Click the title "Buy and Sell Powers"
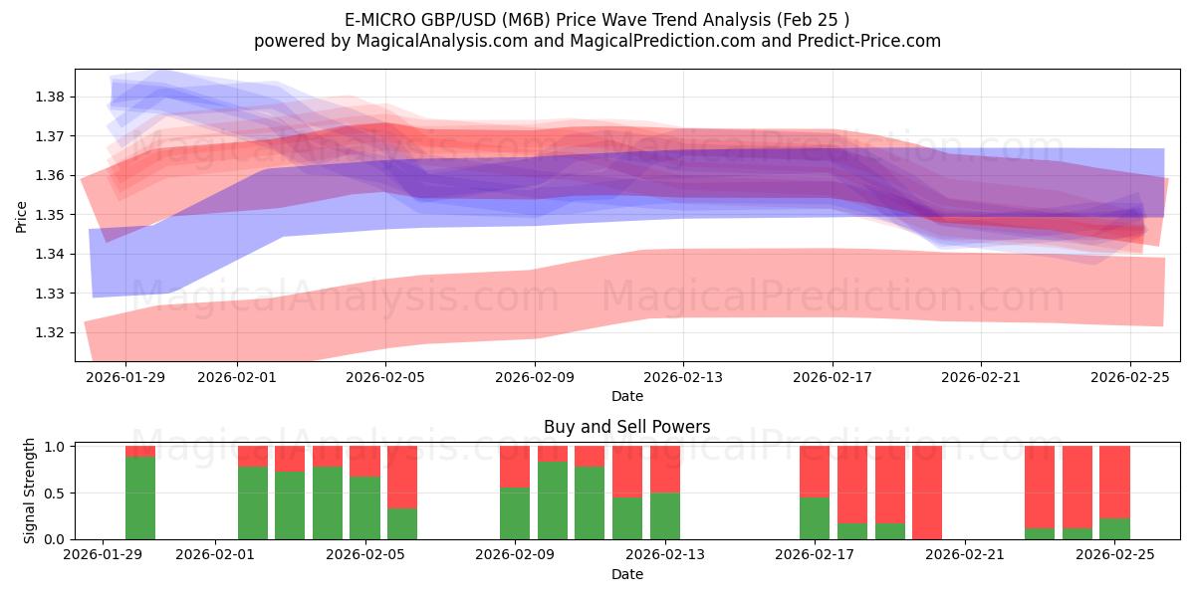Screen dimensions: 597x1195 (626, 427)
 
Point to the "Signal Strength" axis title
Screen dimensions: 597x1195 (30, 491)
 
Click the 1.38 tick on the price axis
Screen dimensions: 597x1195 (50, 97)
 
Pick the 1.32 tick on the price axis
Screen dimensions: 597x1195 (50, 332)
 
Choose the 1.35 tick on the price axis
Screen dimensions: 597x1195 (50, 215)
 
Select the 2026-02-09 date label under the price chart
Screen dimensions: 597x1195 (535, 377)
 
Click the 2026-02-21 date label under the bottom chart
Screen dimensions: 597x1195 (966, 555)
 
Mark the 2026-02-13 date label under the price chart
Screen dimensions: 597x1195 (683, 377)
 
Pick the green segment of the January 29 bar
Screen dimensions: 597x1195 (140, 497)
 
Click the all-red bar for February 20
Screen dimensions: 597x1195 (927, 493)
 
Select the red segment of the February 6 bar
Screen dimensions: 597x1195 (402, 477)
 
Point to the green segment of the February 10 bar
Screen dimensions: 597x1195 (553, 499)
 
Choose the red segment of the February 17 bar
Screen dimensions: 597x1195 (815, 471)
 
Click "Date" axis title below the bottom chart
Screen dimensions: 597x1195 (626, 574)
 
